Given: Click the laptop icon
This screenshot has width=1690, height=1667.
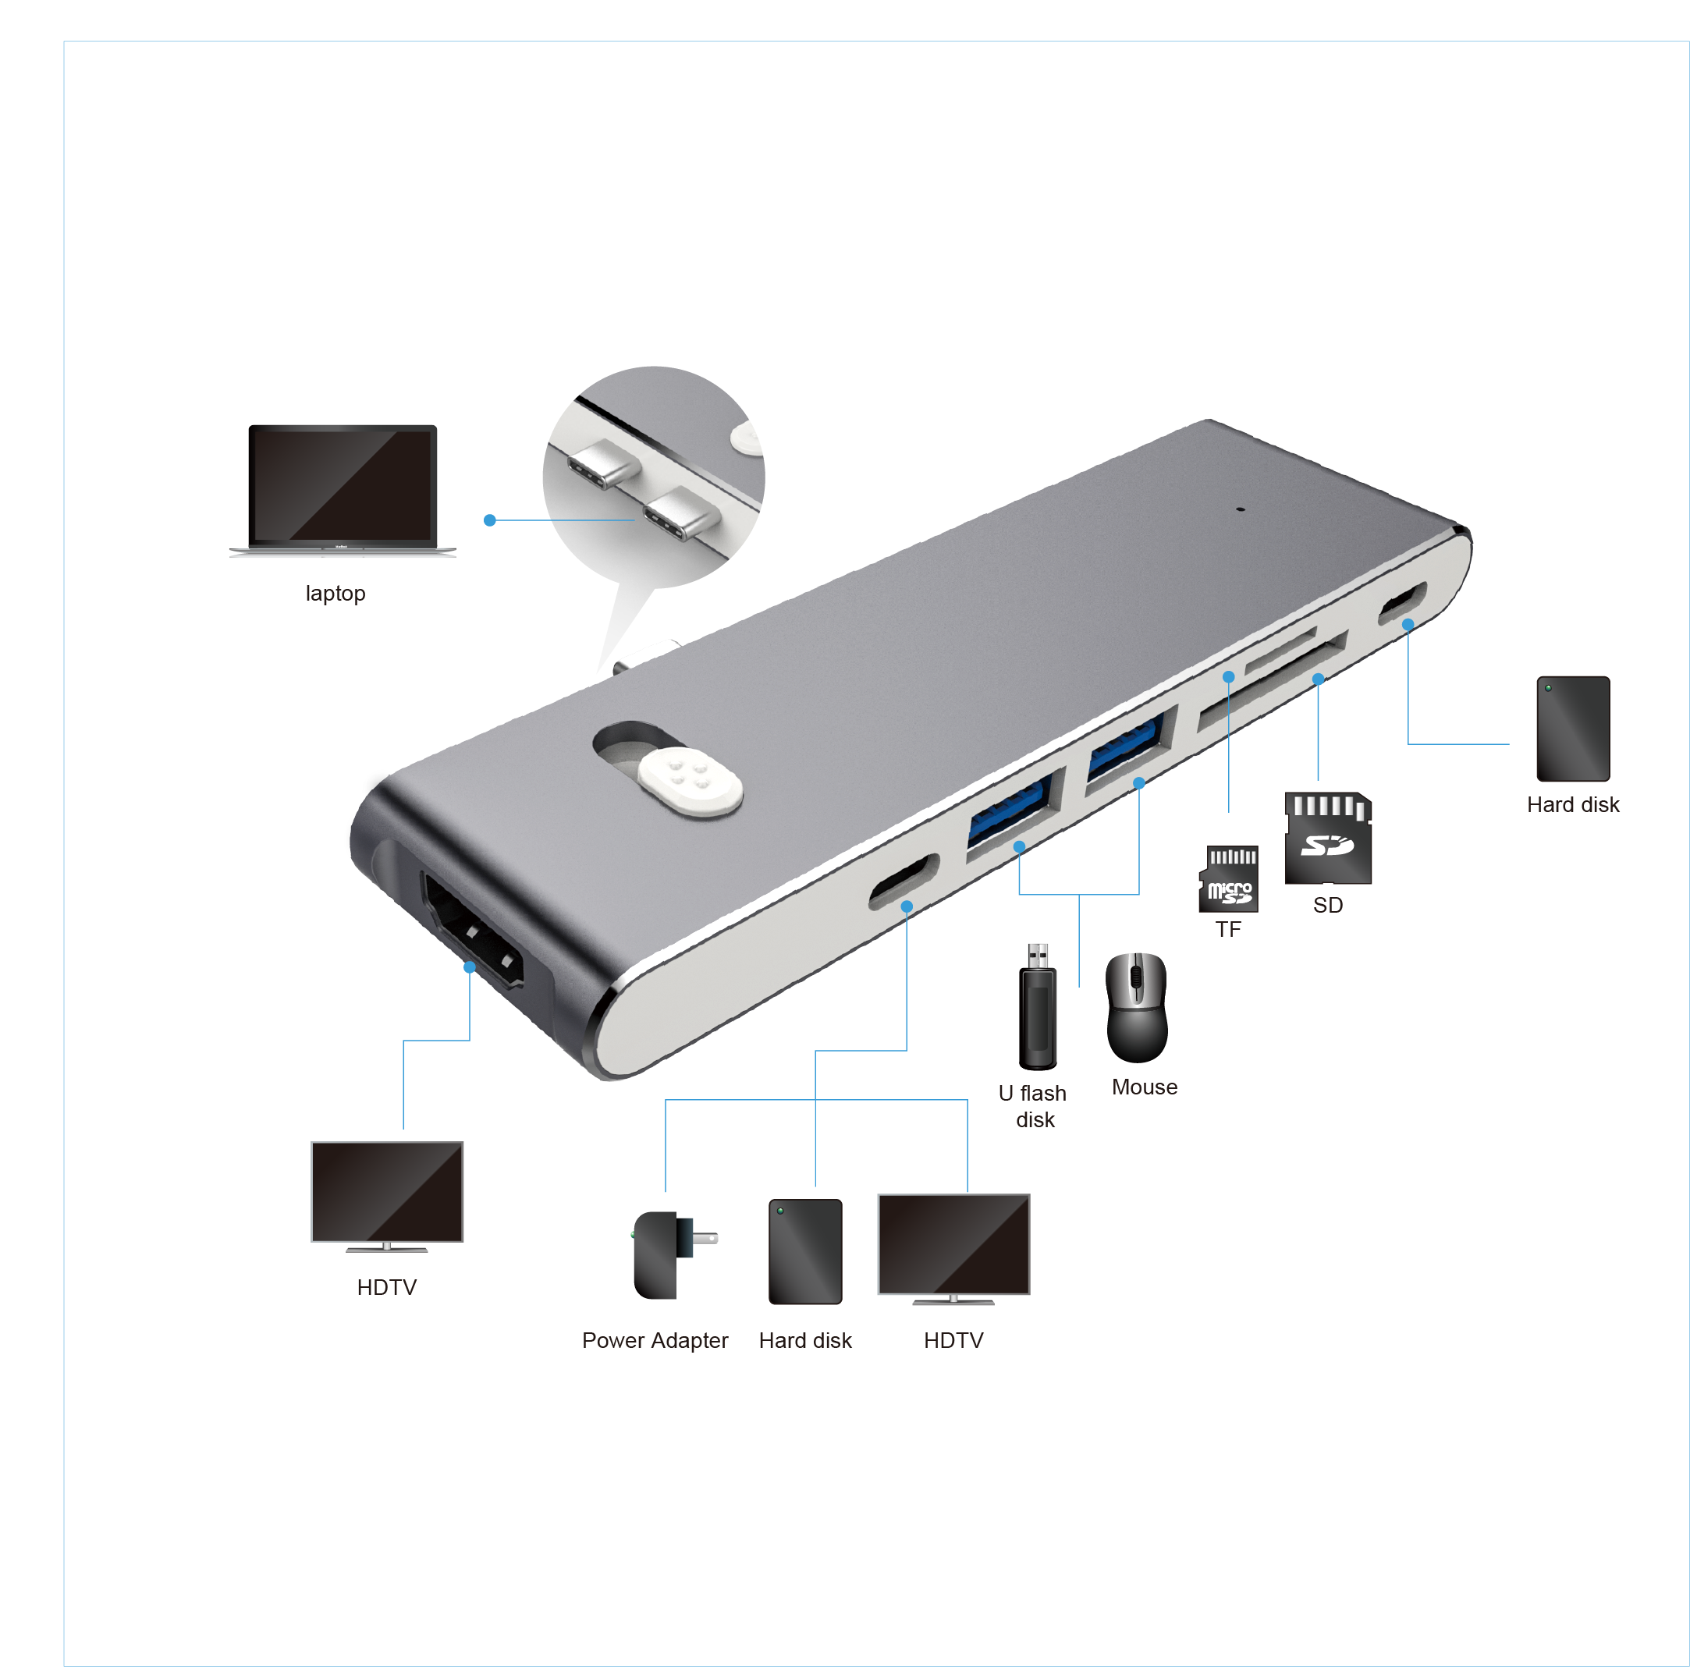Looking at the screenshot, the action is coord(342,490).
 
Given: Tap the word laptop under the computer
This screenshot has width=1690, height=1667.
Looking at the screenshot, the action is coord(335,593).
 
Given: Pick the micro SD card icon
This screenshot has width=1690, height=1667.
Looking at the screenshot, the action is coord(1228,879).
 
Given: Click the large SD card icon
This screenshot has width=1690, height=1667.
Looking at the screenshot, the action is coord(1328,838).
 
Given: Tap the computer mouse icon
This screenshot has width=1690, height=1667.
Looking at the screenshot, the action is coord(1136,1008).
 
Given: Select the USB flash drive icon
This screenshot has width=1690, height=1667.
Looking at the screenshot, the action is coord(1038,1006).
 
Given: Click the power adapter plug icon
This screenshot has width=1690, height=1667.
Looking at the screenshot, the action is coord(673,1255).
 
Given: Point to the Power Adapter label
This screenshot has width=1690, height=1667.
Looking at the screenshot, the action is coord(655,1340).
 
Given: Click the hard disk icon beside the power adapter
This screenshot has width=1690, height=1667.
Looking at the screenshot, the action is coord(804,1251).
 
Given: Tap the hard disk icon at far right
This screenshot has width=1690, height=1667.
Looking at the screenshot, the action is coord(1573,729).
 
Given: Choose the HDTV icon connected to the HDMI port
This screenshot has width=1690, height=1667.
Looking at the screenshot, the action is coord(387,1197).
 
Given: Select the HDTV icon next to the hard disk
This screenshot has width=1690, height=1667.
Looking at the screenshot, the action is coord(953,1249).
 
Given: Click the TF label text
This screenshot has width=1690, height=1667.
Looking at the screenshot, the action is coord(1228,929).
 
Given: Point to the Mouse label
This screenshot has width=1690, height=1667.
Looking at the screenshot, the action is coord(1144,1087).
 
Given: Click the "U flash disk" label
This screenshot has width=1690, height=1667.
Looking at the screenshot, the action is coord(1033,1106).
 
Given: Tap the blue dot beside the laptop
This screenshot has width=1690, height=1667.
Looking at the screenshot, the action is coord(490,520).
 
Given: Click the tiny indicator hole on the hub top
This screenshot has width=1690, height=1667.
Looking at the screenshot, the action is coord(1240,508).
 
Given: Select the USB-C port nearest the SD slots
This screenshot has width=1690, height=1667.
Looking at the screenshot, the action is coord(1401,603).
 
